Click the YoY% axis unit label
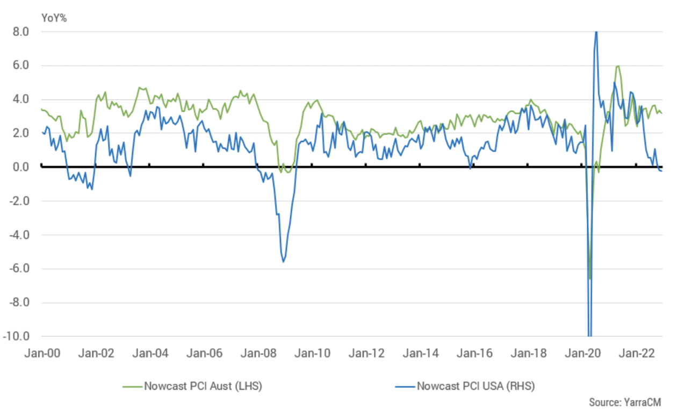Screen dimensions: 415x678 (54, 17)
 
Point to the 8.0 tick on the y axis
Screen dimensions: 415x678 (21, 32)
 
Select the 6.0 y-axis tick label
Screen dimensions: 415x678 (21, 66)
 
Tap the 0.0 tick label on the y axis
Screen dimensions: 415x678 (21, 167)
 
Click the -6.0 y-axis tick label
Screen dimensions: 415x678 (19, 269)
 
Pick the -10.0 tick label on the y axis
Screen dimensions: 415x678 (17, 337)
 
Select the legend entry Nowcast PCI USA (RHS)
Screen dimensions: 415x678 (475, 386)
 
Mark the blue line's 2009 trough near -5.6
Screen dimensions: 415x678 (283, 262)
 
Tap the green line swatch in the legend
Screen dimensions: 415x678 (133, 386)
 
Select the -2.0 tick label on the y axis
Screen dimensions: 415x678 (19, 201)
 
